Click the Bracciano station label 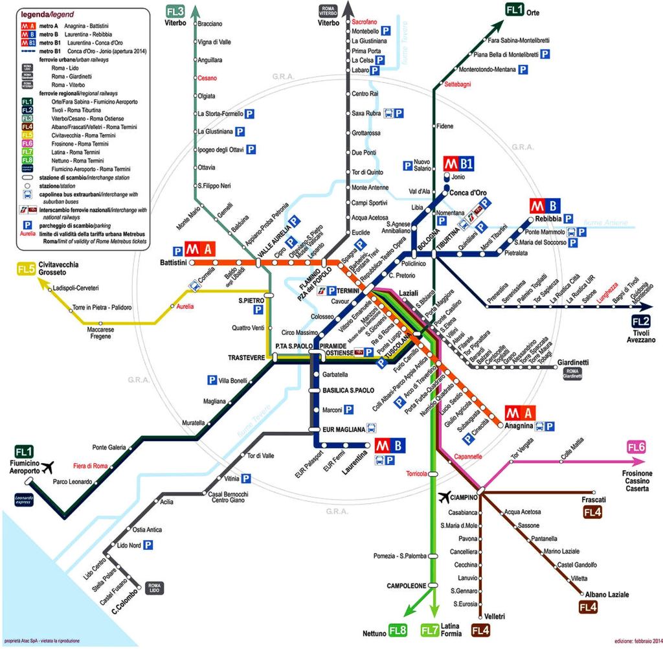point(210,24)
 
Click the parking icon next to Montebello point(386,30)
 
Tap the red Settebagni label point(458,84)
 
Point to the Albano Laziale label point(607,594)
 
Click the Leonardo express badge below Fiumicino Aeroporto point(23,499)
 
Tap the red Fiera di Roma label point(90,466)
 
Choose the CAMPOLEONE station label point(406,586)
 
